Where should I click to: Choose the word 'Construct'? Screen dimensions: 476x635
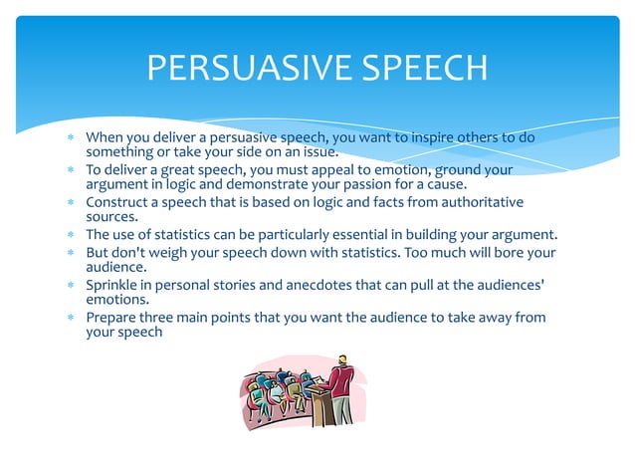click(x=117, y=202)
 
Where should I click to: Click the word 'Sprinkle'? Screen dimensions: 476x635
click(x=113, y=286)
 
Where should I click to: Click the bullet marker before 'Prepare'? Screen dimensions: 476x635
click(x=71, y=319)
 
